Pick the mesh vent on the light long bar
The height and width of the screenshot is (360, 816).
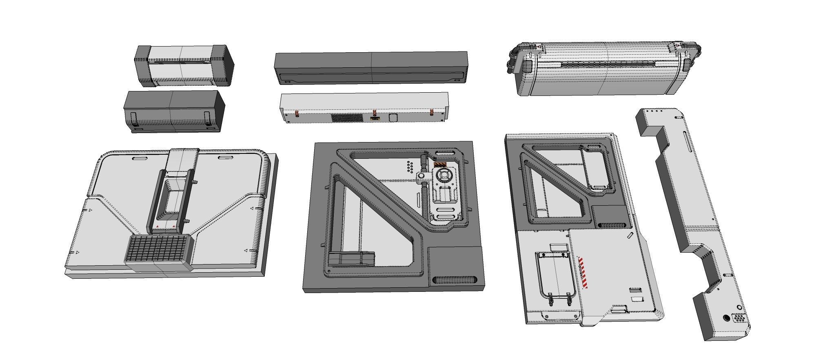[x=347, y=118]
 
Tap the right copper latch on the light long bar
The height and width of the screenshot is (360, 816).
[x=431, y=113]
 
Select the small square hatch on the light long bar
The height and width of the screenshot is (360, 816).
[x=393, y=118]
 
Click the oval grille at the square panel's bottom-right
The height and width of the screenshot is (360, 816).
[x=454, y=280]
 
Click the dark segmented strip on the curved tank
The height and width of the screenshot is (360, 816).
[x=608, y=64]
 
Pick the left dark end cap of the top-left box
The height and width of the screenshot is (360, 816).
[x=142, y=65]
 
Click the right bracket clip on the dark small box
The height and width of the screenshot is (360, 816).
[x=207, y=118]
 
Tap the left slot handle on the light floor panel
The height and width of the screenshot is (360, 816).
[x=140, y=158]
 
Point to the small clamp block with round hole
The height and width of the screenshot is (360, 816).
[x=422, y=176]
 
